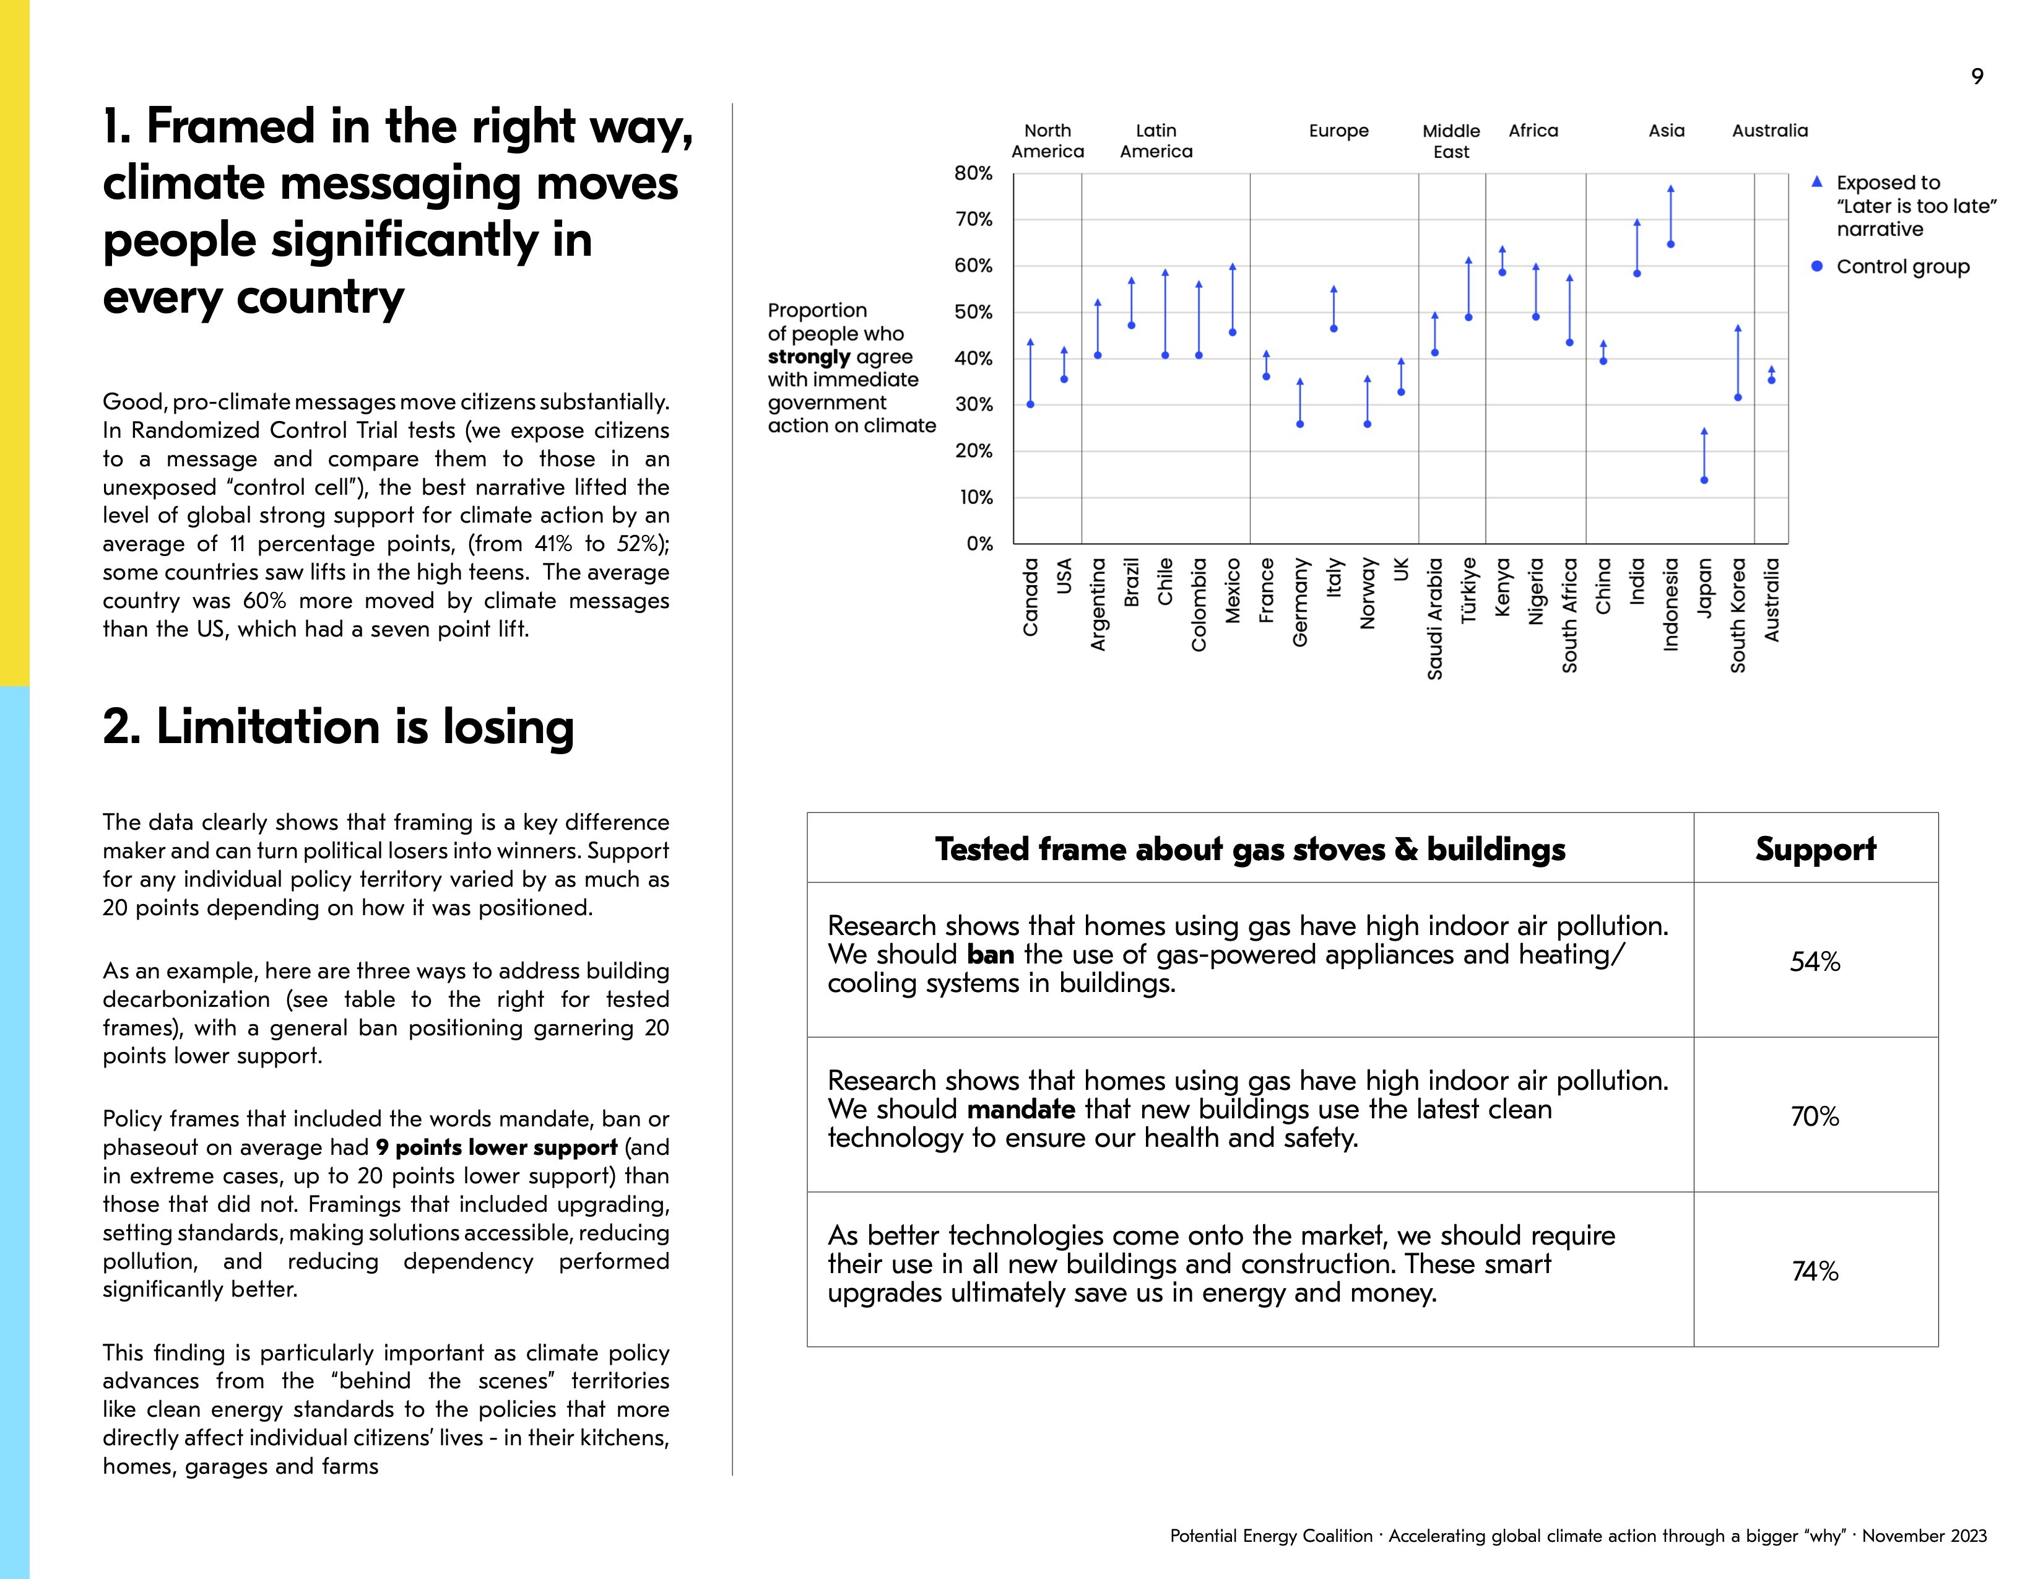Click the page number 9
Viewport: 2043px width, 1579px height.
(1977, 77)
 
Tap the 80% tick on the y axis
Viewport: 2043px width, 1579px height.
(973, 173)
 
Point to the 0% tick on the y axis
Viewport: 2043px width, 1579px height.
(978, 544)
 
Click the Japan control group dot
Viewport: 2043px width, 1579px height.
(1704, 480)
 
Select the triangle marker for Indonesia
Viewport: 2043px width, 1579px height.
(1671, 189)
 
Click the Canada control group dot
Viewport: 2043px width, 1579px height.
(1030, 404)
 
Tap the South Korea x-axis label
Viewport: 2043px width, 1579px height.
(1738, 615)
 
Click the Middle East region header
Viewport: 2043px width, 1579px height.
(1451, 141)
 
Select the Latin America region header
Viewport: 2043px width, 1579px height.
(1156, 141)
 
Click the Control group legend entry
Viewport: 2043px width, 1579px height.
(1902, 267)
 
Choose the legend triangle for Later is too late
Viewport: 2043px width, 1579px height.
(1816, 181)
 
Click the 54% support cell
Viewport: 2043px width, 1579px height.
(1815, 962)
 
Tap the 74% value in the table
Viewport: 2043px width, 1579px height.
(1815, 1271)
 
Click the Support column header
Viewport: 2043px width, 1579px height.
(1815, 848)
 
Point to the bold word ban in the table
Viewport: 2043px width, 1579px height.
(991, 955)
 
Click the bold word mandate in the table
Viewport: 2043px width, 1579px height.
(1020, 1110)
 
